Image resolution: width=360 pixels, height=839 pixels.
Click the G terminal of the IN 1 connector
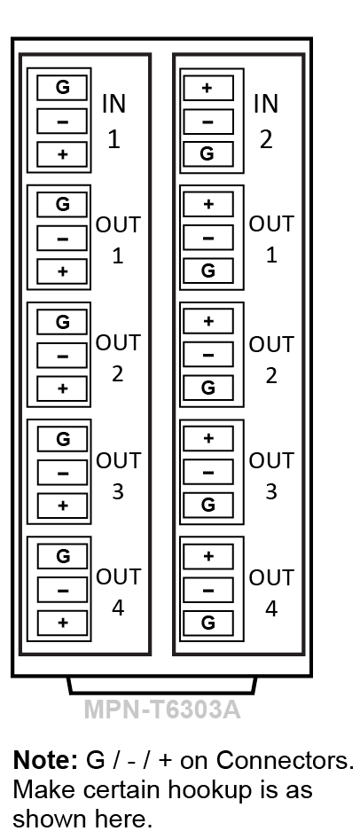point(62,88)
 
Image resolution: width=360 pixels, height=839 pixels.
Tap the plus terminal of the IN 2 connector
point(208,89)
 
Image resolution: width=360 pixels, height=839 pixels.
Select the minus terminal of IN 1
point(62,121)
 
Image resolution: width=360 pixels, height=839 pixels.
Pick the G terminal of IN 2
point(208,154)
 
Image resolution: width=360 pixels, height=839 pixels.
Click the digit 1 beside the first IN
point(113,139)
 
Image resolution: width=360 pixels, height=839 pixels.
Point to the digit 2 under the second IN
point(266,139)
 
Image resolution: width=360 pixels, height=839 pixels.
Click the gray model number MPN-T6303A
point(162,710)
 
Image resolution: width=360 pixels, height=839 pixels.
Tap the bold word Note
point(45,760)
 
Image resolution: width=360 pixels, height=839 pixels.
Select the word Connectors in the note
point(285,760)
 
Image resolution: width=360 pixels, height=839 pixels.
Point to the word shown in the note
point(50,819)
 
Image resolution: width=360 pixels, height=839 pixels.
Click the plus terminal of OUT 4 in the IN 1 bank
point(62,623)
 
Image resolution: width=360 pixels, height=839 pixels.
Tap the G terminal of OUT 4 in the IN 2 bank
point(208,623)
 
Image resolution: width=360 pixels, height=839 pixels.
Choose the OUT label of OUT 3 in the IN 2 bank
point(271,460)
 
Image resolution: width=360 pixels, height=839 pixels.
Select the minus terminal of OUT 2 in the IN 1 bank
point(62,356)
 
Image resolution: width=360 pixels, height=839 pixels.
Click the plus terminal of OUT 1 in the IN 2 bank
point(208,204)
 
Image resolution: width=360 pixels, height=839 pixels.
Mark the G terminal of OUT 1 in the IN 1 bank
point(62,204)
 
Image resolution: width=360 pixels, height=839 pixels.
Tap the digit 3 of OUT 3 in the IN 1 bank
point(118,491)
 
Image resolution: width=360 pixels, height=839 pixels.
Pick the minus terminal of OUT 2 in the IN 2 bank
point(208,354)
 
